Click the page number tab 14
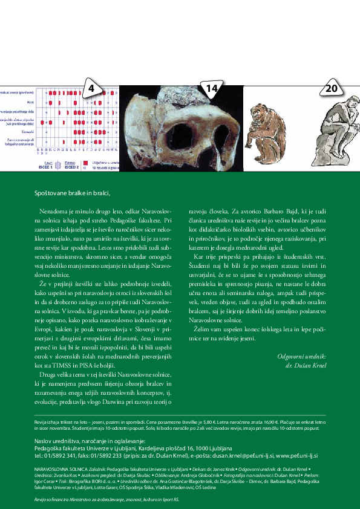click(x=211, y=88)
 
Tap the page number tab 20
click(x=331, y=88)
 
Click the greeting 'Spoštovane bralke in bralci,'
click(x=72, y=193)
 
